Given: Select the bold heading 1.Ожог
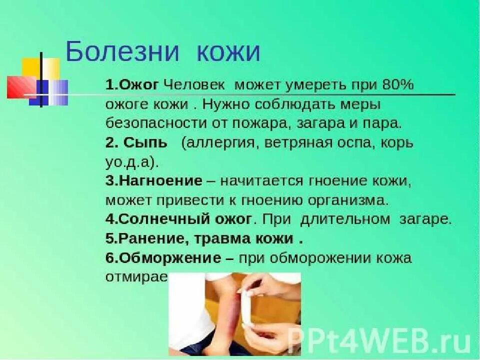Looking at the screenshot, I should coord(132,85).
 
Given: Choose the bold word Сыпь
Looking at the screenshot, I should coord(146,143).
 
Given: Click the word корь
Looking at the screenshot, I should coord(398,143).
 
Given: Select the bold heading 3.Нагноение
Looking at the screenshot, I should coord(153,181).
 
